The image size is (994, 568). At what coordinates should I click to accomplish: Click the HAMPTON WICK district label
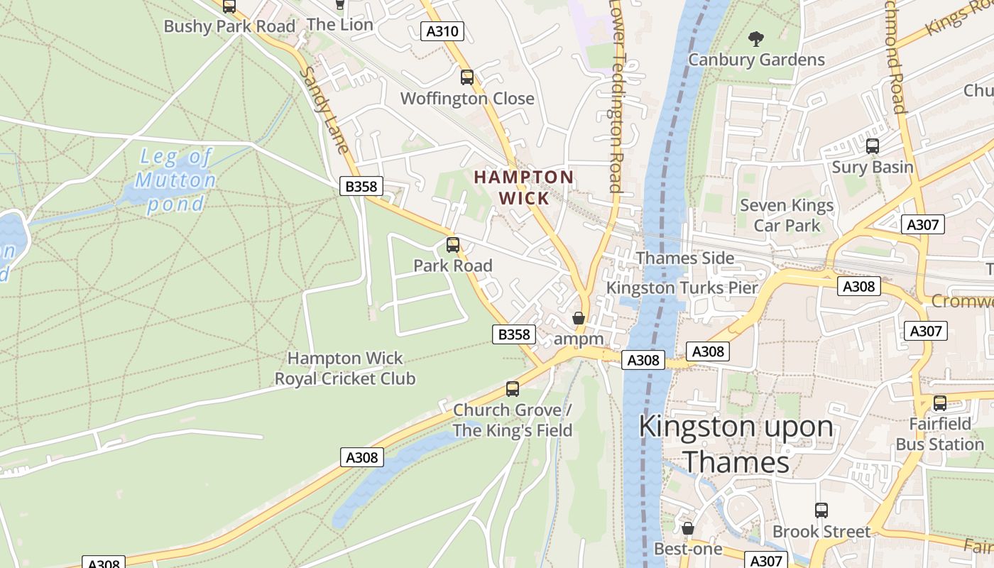523,187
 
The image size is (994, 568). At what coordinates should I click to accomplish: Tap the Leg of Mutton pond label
175,180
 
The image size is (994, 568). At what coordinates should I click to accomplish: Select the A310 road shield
442,31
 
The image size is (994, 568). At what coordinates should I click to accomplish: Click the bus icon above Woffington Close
467,77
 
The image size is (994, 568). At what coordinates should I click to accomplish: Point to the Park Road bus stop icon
453,246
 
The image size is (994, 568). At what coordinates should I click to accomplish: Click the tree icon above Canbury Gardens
756,38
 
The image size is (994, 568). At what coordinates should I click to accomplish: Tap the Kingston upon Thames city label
736,444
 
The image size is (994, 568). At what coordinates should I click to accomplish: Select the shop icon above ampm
579,319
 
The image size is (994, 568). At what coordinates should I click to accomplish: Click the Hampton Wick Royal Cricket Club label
345,368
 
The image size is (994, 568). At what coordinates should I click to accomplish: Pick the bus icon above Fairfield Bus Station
940,403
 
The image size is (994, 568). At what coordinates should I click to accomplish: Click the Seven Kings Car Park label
787,215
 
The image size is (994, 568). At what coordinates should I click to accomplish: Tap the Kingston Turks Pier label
682,288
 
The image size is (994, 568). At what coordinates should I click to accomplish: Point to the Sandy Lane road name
324,110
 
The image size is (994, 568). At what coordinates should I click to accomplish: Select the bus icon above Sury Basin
873,147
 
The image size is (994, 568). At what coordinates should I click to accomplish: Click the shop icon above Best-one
687,529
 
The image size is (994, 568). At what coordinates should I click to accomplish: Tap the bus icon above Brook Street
821,510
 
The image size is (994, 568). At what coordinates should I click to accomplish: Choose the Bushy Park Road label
229,26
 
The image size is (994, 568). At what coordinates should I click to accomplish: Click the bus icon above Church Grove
513,389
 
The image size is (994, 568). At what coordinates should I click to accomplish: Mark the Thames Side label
685,258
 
